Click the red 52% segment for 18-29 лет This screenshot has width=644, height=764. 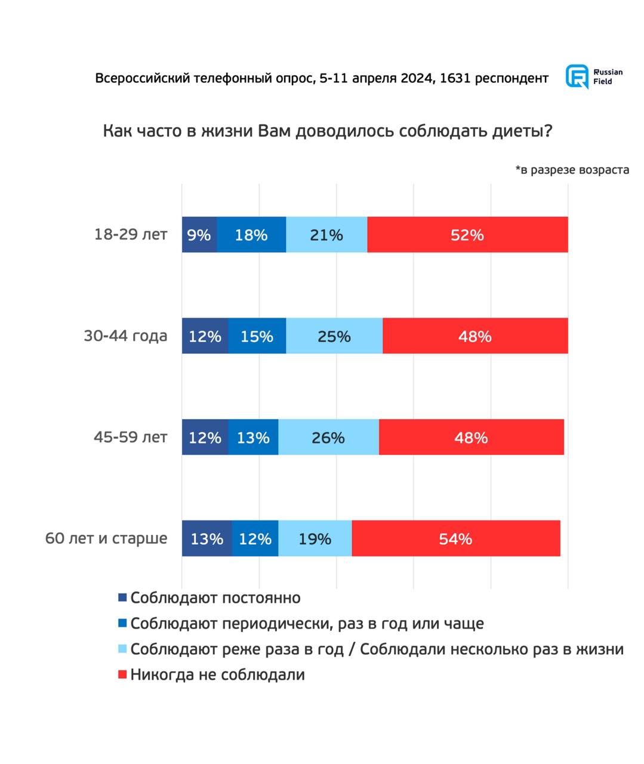(x=467, y=235)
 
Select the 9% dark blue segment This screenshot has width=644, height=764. (x=199, y=235)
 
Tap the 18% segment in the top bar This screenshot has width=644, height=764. (x=251, y=235)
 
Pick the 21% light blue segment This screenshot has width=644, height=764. (x=326, y=235)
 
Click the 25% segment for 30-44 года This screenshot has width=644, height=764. (x=334, y=336)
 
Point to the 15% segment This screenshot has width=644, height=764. (x=257, y=336)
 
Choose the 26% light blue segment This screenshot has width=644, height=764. (x=328, y=438)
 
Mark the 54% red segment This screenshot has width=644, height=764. (x=456, y=538)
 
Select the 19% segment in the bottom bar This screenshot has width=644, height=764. (x=315, y=538)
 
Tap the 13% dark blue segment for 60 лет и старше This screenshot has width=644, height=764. (x=207, y=538)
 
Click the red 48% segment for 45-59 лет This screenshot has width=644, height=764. (x=471, y=438)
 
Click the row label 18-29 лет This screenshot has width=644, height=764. (x=130, y=235)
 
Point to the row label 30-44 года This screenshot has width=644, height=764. (x=125, y=336)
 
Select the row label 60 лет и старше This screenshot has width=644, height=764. (x=106, y=538)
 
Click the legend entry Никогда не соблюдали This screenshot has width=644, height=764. (x=217, y=675)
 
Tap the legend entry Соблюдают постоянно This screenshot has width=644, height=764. (x=215, y=597)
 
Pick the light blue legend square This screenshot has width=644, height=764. (x=123, y=649)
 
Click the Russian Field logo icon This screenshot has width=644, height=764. (x=577, y=77)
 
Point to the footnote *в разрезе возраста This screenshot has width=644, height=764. (x=572, y=170)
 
